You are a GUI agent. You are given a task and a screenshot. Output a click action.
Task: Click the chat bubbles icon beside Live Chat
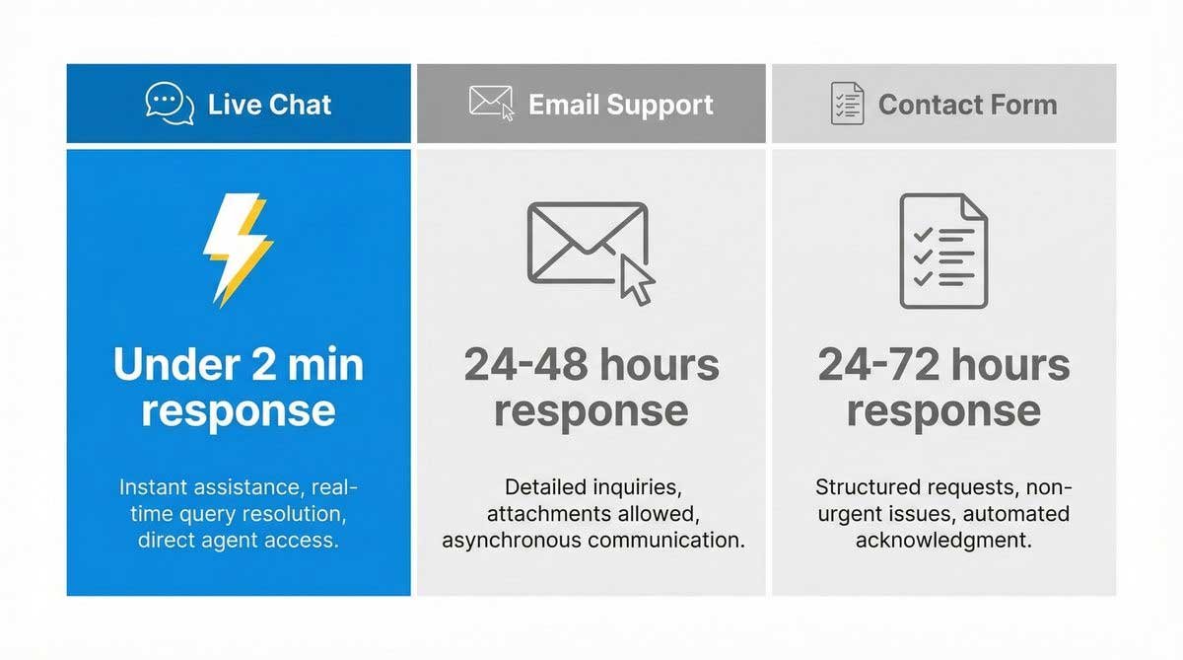point(170,104)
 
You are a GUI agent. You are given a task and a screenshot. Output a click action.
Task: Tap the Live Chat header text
point(269,105)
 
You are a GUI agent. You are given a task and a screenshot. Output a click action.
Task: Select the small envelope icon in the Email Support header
point(491,103)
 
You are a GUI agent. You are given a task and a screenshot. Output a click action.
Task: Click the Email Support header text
point(620,105)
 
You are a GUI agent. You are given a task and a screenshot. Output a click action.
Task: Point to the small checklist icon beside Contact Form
point(847,104)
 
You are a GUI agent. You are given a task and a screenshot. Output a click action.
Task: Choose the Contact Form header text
point(967,105)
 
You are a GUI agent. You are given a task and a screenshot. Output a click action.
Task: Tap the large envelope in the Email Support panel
point(588,243)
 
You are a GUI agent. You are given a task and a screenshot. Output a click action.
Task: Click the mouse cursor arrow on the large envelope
point(636,281)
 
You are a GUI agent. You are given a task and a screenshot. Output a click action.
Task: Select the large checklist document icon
point(942,251)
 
